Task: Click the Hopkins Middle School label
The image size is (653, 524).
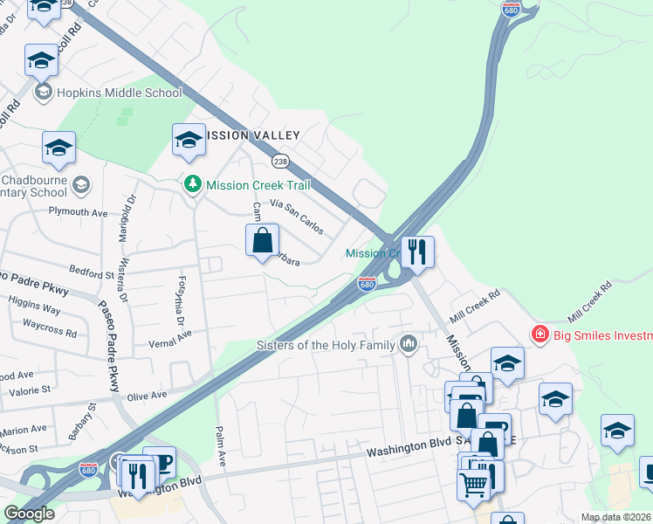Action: click(119, 93)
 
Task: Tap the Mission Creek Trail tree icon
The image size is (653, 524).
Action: click(192, 185)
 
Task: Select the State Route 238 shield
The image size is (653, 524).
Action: click(280, 162)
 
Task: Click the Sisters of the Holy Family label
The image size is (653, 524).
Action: click(326, 345)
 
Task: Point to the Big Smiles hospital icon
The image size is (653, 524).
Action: click(540, 335)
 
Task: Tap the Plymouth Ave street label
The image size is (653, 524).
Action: click(78, 211)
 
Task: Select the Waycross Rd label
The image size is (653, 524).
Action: click(50, 333)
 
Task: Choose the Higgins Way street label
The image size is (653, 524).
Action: click(34, 309)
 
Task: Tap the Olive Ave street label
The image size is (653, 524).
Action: click(146, 396)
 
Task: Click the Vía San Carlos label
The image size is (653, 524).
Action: click(297, 217)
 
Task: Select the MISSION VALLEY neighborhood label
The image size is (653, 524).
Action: click(252, 135)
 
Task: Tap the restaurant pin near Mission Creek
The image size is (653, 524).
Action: click(417, 252)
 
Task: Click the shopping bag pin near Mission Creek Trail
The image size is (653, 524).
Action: click(262, 238)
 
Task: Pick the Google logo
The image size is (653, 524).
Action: click(30, 514)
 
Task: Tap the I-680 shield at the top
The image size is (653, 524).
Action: click(512, 10)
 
